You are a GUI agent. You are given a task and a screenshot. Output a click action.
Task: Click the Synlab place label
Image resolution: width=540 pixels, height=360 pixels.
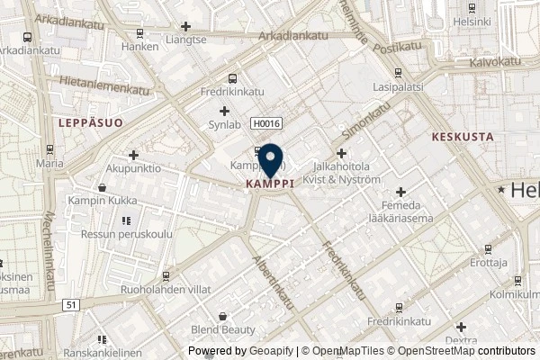pos(224,125)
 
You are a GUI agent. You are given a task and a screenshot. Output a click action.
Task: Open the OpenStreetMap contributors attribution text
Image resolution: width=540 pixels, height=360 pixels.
pos(468,352)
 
